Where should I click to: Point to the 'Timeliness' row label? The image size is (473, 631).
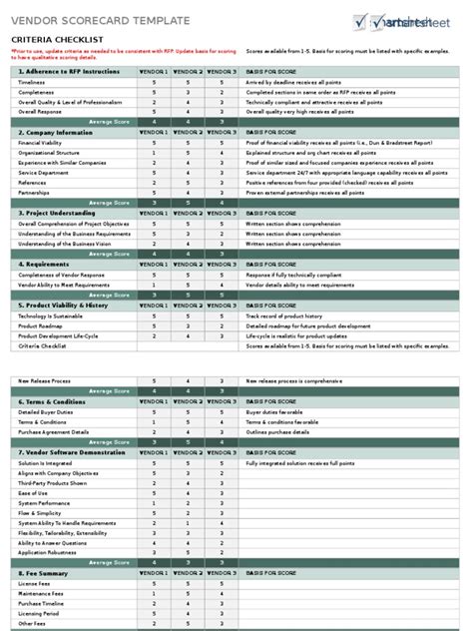pos(33,82)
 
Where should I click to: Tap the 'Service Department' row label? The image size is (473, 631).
pos(42,172)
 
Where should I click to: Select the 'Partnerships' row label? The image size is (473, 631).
pos(34,192)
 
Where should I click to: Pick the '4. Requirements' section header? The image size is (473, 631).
pos(44,264)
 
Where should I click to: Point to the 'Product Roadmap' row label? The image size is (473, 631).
pos(40,324)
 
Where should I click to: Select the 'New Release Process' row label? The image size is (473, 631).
pos(44,380)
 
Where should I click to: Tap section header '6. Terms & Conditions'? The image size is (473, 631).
pos(54,400)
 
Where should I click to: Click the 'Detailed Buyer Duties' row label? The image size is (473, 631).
pos(46,411)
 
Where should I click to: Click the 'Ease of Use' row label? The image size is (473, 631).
pos(33,492)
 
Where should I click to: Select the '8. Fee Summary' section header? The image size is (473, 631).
pos(44,573)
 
